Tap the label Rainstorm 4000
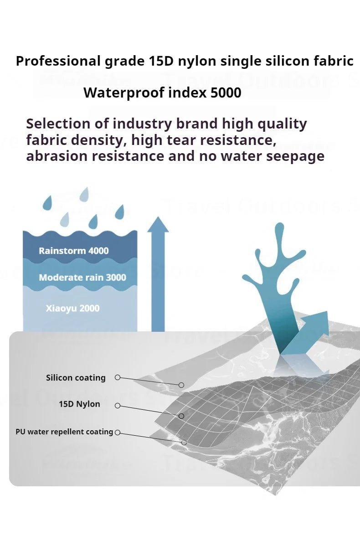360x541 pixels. (x=73, y=251)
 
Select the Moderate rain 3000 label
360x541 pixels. (x=82, y=278)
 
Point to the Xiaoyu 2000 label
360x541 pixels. (x=72, y=308)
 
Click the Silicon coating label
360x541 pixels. (x=76, y=378)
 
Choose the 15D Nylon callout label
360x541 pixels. (x=79, y=404)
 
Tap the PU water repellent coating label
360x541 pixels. (x=64, y=432)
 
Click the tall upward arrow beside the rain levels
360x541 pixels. (x=158, y=273)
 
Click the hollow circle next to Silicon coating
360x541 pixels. (x=118, y=377)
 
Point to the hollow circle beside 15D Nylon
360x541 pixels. (x=118, y=406)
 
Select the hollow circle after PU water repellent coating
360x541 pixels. (x=118, y=432)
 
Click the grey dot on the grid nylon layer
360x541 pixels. (x=181, y=416)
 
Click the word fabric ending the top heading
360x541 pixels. (x=335, y=61)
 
